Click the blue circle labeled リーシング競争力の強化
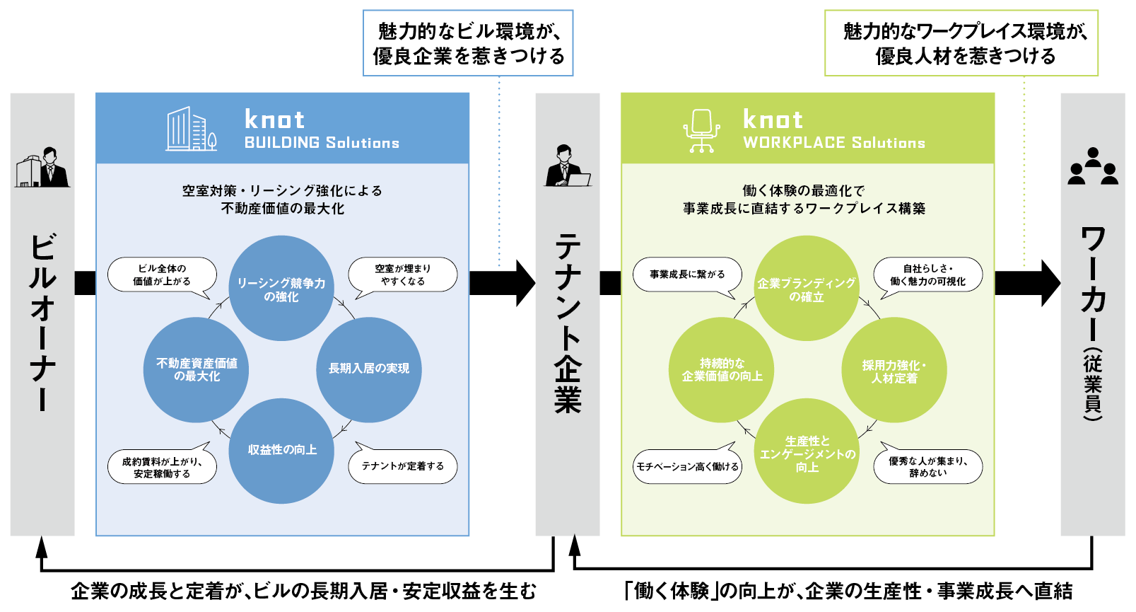point(281,288)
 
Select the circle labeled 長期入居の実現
point(369,370)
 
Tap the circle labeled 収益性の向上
point(281,451)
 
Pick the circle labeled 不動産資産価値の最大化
point(197,370)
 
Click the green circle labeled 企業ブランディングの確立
point(807,288)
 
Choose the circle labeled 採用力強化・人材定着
point(894,370)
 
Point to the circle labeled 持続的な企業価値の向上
point(722,370)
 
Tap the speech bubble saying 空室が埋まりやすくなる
point(403,275)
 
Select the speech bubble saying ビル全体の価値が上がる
point(163,275)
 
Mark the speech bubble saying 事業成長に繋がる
point(687,275)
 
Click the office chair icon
point(701,131)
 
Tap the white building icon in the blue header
point(191,128)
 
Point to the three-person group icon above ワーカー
point(1093,166)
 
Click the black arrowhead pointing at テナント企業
point(526,283)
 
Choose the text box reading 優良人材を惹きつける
point(961,43)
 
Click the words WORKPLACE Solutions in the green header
point(834,143)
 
